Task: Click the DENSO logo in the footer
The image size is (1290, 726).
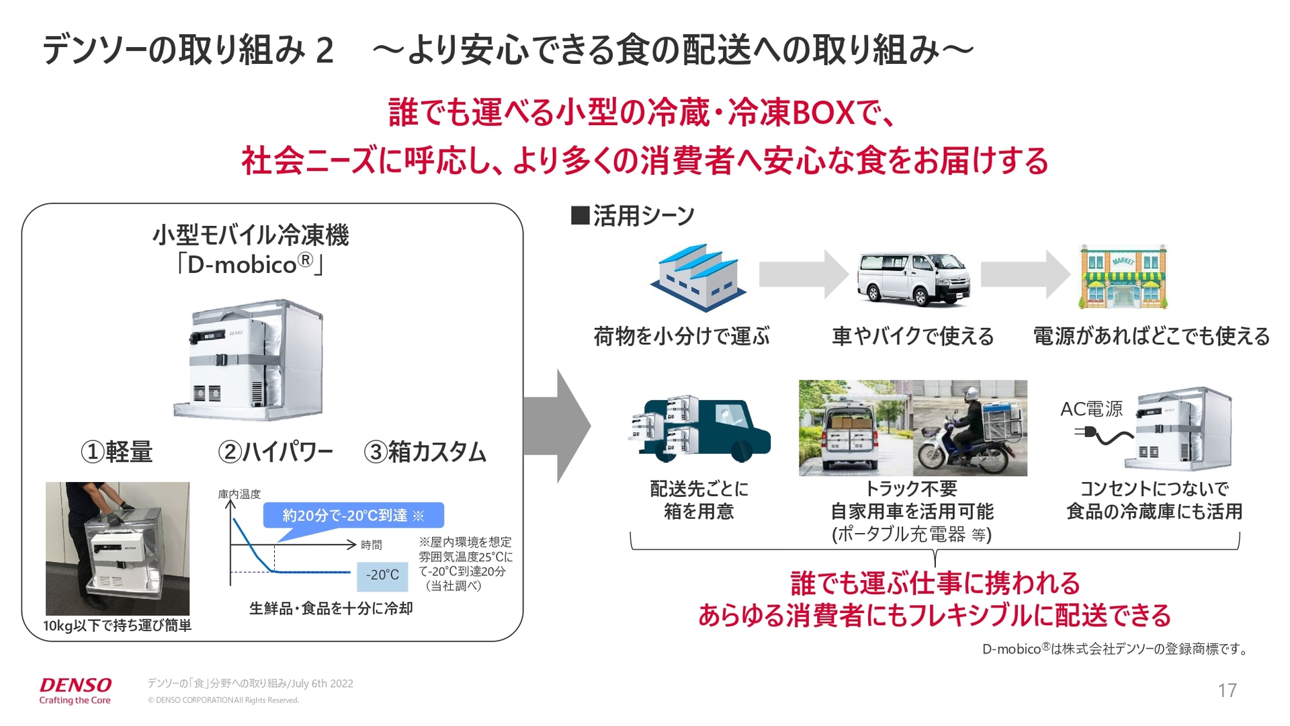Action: pyautogui.click(x=75, y=686)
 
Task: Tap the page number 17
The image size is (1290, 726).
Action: pyautogui.click(x=1227, y=690)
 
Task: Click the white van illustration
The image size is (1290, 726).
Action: pyautogui.click(x=912, y=278)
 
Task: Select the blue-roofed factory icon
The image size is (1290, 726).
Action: pyautogui.click(x=697, y=277)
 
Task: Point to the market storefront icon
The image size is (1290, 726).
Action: pyautogui.click(x=1123, y=277)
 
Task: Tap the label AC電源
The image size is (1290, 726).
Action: pyautogui.click(x=1091, y=409)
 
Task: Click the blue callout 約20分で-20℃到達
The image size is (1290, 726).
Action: pyautogui.click(x=353, y=516)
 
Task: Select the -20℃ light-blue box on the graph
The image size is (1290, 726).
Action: pyautogui.click(x=382, y=575)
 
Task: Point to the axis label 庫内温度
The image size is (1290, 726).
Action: pyautogui.click(x=239, y=494)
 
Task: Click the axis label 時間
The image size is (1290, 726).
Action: pyautogui.click(x=371, y=545)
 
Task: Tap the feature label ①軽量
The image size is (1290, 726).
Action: pyautogui.click(x=116, y=452)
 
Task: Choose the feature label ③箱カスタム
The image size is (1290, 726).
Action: pyautogui.click(x=425, y=452)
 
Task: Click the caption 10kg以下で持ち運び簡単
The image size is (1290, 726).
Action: pyautogui.click(x=117, y=626)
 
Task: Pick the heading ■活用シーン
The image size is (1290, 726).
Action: pyautogui.click(x=632, y=216)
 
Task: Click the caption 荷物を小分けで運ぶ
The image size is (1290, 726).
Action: pyautogui.click(x=681, y=336)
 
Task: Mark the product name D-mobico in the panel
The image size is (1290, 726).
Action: pyautogui.click(x=242, y=265)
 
